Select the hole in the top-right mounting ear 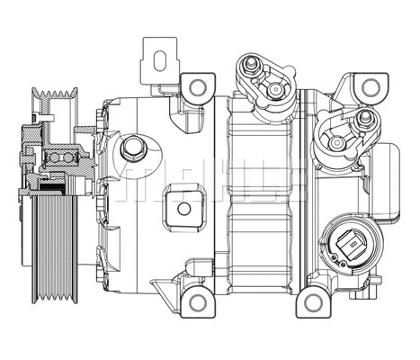pyautogui.click(x=367, y=86)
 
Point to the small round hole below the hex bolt pyautogui.click(x=183, y=209)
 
